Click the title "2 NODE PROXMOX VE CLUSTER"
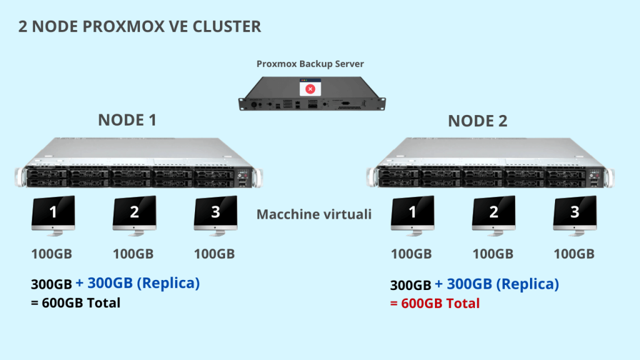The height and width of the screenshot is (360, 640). [139, 27]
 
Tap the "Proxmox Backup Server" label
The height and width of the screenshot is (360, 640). [310, 64]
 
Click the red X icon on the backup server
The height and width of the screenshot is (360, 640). [310, 89]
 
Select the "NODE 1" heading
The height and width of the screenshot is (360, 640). [127, 121]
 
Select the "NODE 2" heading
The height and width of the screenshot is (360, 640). [477, 121]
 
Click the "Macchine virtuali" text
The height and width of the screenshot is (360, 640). [314, 214]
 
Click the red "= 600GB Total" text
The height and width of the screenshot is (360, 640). [435, 304]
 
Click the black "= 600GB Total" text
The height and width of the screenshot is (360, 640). [76, 303]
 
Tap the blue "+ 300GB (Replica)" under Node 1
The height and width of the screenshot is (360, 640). [137, 283]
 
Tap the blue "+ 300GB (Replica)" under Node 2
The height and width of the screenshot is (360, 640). [497, 284]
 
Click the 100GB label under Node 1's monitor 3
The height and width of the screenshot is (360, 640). [214, 254]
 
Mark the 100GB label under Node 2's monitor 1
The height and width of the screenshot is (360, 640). [411, 254]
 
